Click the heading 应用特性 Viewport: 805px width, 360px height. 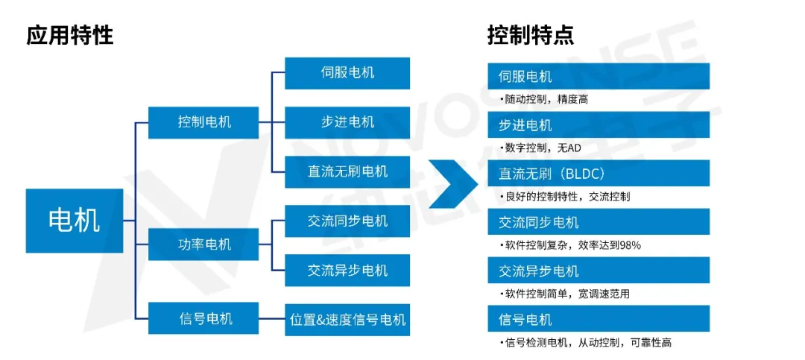[x=70, y=35]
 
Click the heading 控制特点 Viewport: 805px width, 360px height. [x=530, y=35]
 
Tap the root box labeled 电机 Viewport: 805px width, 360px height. [x=74, y=221]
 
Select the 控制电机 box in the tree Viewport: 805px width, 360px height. [x=203, y=121]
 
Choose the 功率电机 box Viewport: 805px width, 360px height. [x=203, y=244]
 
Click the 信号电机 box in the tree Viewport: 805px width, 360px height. [x=203, y=318]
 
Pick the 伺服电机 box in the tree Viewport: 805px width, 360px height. [x=347, y=73]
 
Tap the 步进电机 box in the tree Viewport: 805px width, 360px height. [x=347, y=122]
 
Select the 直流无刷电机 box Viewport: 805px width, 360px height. [x=347, y=171]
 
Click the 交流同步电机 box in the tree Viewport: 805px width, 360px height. [x=347, y=221]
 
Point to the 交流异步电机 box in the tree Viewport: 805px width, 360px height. [x=347, y=270]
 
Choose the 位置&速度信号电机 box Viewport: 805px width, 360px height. [x=347, y=320]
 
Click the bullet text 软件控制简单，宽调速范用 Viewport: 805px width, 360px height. [x=566, y=294]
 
